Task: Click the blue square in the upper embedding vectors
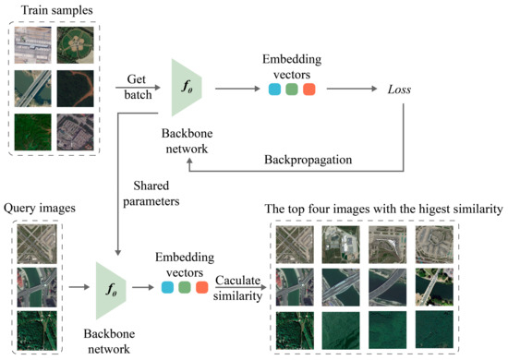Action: point(274,90)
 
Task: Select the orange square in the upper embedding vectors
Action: point(309,90)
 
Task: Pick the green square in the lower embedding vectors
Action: point(185,289)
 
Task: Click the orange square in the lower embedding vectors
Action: point(202,289)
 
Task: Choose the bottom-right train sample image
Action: point(74,131)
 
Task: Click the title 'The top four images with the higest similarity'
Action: point(383,210)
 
